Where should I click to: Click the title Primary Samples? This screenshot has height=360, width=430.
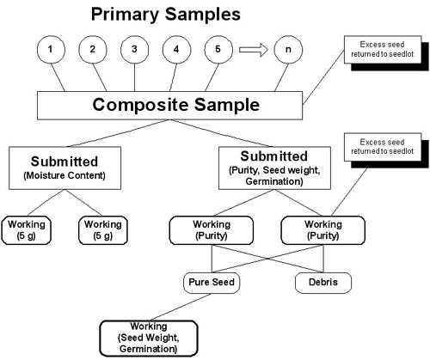click(166, 15)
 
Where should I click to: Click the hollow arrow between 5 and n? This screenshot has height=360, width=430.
click(254, 50)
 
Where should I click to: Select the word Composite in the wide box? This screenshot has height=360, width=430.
click(139, 105)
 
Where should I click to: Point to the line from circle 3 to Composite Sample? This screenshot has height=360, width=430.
click(134, 77)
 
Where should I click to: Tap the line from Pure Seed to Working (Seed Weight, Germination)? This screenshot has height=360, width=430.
click(181, 307)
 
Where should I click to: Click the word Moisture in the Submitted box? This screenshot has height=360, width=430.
click(46, 175)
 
